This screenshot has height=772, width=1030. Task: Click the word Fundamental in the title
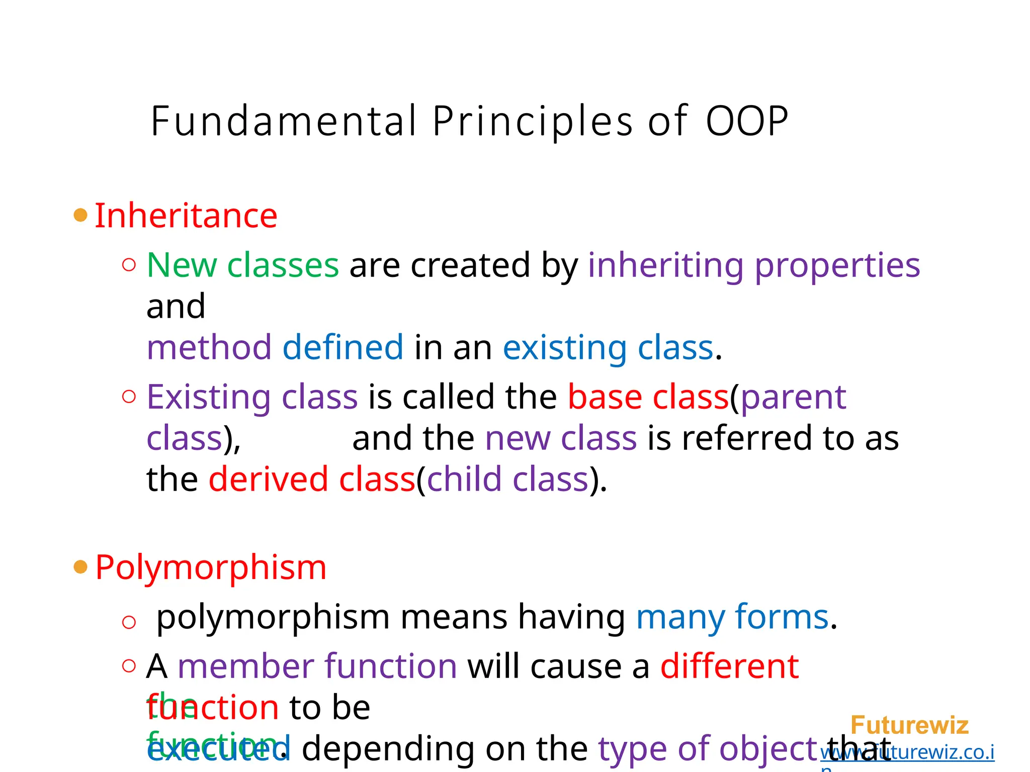[284, 121]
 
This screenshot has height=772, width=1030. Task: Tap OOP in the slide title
[747, 121]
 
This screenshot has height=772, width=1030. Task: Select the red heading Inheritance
[186, 216]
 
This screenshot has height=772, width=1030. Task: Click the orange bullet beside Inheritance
[80, 216]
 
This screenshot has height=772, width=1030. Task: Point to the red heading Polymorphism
[211, 567]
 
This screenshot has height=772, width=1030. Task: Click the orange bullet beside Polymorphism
[80, 567]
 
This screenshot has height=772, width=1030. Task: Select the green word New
[182, 265]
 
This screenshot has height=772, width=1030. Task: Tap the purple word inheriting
[665, 265]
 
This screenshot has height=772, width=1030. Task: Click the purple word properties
[837, 265]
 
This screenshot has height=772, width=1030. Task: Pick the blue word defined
[342, 347]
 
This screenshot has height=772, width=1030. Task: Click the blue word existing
[565, 347]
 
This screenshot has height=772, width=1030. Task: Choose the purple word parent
[794, 397]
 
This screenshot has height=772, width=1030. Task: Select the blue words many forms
[732, 617]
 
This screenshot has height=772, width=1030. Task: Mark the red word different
[729, 666]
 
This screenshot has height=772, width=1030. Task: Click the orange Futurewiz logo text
[909, 725]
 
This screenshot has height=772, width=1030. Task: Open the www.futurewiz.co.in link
[907, 752]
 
